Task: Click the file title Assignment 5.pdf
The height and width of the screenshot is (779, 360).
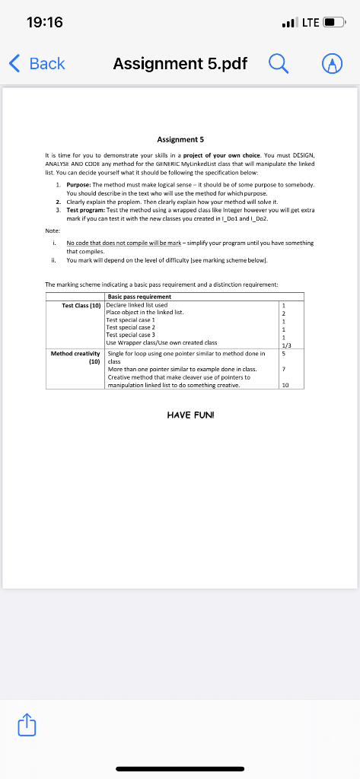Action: click(180, 64)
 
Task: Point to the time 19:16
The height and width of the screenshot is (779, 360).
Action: click(46, 24)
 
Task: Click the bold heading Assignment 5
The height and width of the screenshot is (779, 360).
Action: click(180, 139)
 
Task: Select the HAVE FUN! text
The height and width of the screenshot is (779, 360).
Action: click(180, 415)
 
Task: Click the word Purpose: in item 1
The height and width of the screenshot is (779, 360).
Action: click(79, 185)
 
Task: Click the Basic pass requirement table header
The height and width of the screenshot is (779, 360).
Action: click(139, 297)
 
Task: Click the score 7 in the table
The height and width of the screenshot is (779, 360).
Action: click(283, 369)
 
